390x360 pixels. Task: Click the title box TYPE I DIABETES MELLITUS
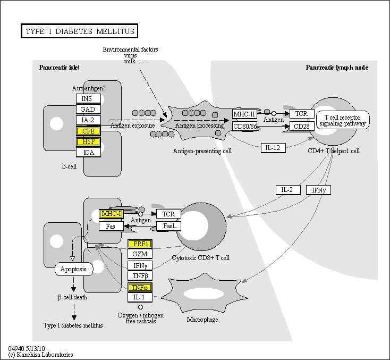click(x=80, y=31)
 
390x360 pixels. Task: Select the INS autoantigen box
click(x=88, y=99)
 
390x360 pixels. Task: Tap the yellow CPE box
click(x=88, y=131)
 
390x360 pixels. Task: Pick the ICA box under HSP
click(x=88, y=153)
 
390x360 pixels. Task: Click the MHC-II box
click(x=244, y=114)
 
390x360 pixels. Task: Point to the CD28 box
click(x=302, y=126)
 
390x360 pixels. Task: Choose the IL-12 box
click(x=274, y=147)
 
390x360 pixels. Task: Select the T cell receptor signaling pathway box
click(x=343, y=120)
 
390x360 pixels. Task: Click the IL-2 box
click(x=288, y=190)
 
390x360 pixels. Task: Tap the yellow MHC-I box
click(x=112, y=214)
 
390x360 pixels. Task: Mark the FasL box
click(x=169, y=226)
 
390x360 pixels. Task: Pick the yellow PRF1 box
click(x=140, y=244)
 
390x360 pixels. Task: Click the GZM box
click(x=140, y=254)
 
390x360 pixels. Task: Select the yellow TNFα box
click(x=140, y=287)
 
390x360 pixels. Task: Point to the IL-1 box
click(x=140, y=297)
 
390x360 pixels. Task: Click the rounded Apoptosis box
click(x=74, y=269)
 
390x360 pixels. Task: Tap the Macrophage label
click(x=202, y=320)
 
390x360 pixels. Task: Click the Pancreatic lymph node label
click(x=337, y=68)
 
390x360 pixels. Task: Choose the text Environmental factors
click(x=130, y=49)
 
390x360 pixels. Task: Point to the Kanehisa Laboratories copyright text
click(x=41, y=355)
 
